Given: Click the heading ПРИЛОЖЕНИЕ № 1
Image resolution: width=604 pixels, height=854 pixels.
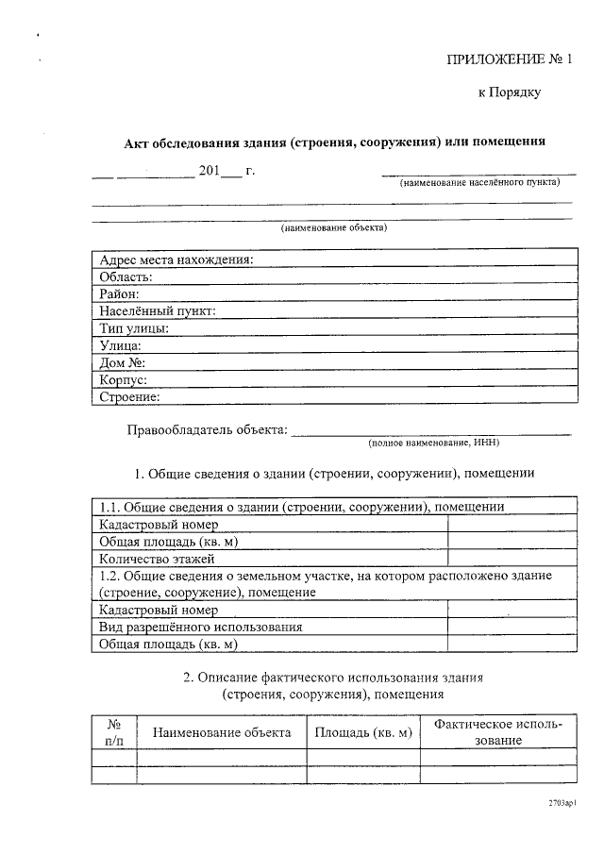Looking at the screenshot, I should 510,59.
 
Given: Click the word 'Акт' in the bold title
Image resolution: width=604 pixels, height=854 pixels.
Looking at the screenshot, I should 140,142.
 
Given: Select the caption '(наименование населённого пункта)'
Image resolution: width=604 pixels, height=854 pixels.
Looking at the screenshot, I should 478,182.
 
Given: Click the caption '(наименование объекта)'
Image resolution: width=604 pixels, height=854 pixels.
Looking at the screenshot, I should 334,227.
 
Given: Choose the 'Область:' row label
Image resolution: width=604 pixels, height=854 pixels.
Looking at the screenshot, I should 126,276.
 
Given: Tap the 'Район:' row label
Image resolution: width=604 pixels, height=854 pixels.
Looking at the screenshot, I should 120,293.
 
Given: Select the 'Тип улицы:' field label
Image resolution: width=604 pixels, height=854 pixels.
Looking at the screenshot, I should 134,328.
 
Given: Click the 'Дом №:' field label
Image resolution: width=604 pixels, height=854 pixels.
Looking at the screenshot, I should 122,362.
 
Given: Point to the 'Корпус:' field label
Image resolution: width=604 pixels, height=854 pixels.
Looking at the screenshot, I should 124,379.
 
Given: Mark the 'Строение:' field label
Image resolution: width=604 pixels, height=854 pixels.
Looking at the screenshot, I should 129,397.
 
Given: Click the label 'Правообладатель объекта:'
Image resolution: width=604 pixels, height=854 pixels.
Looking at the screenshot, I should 207,430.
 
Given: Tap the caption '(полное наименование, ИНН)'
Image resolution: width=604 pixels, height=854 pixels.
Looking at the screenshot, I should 433,442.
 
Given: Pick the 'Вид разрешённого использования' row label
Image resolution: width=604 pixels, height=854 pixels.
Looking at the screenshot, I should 200,627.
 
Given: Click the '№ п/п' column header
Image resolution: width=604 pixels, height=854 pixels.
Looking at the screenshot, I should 114,732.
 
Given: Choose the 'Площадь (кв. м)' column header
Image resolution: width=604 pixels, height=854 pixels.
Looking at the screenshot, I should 363,732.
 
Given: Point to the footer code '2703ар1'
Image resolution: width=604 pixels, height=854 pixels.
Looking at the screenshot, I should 562,802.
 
